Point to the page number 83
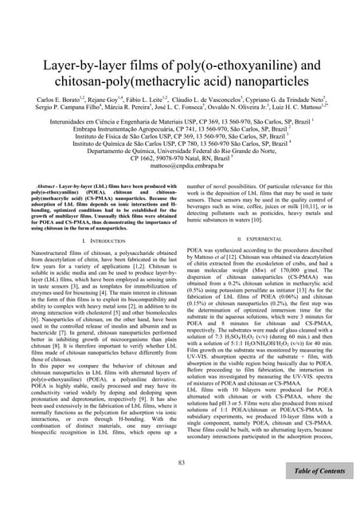coord(181,464)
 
